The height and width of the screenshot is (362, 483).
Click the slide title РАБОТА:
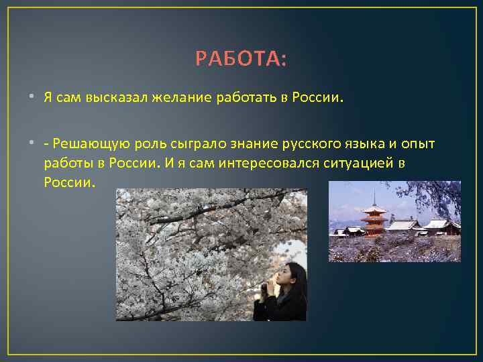[241, 60]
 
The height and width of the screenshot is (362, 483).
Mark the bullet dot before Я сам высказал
[32, 97]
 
